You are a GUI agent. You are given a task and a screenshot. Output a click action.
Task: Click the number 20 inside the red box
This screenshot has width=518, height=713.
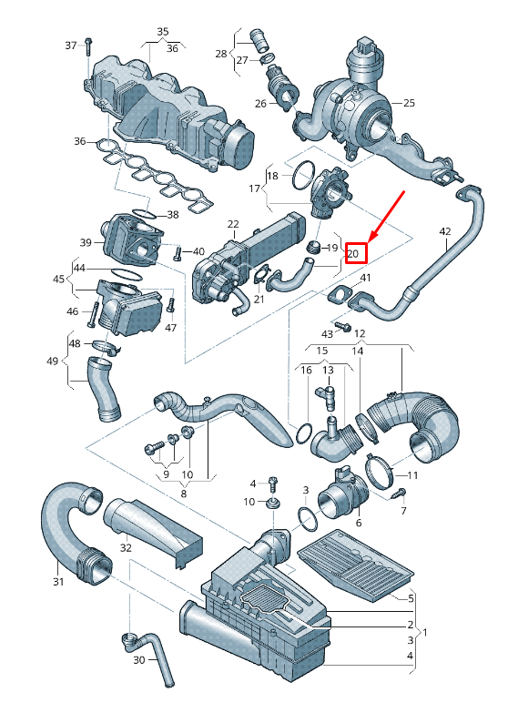click(356, 253)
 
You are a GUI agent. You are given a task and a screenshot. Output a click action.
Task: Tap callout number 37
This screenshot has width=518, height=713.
click(71, 46)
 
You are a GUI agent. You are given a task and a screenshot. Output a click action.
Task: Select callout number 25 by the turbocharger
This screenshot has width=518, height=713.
click(408, 103)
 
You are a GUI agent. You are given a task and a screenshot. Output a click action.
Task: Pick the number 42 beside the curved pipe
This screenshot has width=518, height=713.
click(444, 231)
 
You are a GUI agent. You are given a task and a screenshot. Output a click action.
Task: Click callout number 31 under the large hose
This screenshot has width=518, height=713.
click(58, 582)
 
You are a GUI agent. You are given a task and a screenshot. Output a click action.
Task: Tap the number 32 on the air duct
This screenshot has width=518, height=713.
click(126, 548)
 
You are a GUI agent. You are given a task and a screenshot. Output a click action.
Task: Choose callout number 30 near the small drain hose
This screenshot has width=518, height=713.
click(139, 659)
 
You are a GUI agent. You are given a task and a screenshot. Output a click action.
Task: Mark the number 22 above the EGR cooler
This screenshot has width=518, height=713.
click(233, 224)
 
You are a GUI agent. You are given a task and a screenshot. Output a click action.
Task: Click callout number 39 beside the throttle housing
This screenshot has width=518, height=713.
click(86, 242)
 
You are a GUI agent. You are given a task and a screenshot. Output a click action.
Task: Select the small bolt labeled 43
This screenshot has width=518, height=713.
click(343, 325)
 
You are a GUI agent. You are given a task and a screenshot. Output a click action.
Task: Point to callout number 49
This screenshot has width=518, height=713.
click(52, 362)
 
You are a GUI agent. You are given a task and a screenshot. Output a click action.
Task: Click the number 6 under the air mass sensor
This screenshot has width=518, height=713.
click(358, 523)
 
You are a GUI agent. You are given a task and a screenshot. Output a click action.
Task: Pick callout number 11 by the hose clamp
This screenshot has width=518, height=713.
click(412, 475)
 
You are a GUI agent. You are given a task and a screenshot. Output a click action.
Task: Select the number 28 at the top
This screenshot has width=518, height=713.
click(220, 54)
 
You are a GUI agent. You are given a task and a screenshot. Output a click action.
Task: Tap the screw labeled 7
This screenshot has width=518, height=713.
click(398, 494)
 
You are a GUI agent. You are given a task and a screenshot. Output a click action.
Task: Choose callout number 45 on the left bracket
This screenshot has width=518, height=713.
click(58, 280)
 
